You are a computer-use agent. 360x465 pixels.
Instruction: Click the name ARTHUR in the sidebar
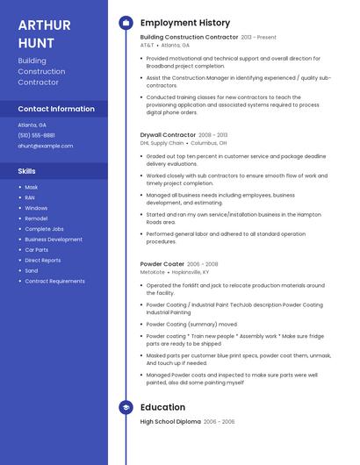44,24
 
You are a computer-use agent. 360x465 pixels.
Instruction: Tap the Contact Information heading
56,109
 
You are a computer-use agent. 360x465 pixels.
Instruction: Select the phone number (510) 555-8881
37,135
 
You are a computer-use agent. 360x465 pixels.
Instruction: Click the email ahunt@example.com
46,146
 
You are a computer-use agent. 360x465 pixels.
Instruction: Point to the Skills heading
27,171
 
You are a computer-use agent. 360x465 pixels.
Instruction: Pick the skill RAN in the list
30,197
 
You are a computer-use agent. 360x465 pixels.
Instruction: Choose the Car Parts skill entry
37,250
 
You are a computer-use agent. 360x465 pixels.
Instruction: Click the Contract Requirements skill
54,281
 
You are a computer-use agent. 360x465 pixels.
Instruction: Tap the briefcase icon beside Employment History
126,23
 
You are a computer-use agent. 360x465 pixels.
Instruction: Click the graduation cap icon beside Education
126,407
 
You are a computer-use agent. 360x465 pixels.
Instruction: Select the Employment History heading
185,23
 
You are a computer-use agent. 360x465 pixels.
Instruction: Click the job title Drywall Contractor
168,135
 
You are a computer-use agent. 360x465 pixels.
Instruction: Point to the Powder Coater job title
162,264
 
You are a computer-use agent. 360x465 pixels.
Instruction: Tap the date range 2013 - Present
259,38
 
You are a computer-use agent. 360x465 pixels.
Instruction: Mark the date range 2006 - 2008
203,264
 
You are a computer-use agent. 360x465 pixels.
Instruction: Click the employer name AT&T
147,45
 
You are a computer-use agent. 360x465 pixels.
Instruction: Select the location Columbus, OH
208,142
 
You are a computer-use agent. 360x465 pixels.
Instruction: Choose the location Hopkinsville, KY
198,272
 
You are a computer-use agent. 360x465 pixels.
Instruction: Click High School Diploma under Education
169,422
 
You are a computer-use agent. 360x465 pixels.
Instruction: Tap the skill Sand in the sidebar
32,271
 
